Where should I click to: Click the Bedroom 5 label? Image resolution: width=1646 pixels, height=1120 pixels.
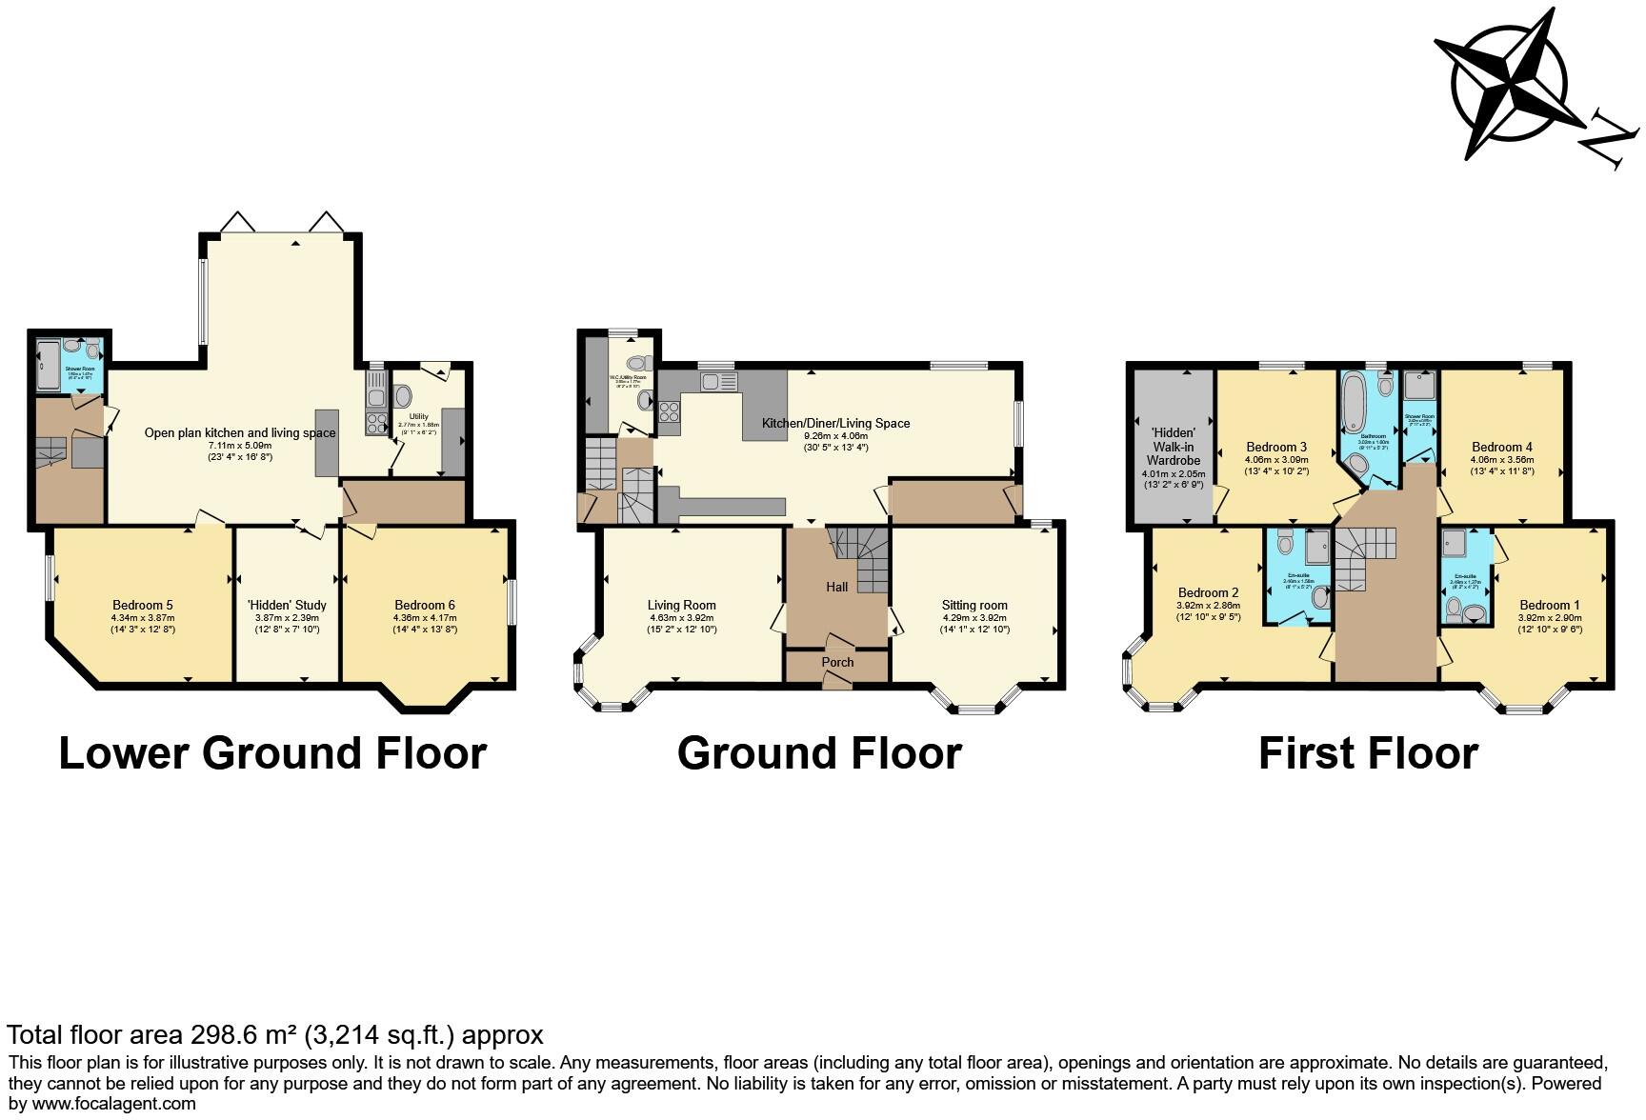pos(142,605)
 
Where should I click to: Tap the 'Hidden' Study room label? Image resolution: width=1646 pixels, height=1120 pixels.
pos(287,605)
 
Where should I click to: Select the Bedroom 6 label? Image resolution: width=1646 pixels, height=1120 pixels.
pos(424,605)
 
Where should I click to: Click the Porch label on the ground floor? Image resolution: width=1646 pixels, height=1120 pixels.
pos(837,662)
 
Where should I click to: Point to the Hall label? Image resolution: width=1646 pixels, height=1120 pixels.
pos(836,587)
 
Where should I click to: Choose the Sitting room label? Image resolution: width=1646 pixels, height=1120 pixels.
pos(974,605)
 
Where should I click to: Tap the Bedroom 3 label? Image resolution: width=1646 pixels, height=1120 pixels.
pos(1276,447)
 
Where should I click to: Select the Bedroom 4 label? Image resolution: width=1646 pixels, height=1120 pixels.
pos(1501,447)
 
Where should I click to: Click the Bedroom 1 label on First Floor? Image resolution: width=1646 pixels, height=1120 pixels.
pos(1549,605)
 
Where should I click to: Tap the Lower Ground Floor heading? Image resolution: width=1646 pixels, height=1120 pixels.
pos(272,753)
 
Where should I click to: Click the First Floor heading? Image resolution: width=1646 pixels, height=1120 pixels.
pos(1368,753)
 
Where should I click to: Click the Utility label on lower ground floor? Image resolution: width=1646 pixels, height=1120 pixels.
pos(418,416)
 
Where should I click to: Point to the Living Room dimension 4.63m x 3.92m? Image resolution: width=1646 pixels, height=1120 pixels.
pos(681,617)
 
